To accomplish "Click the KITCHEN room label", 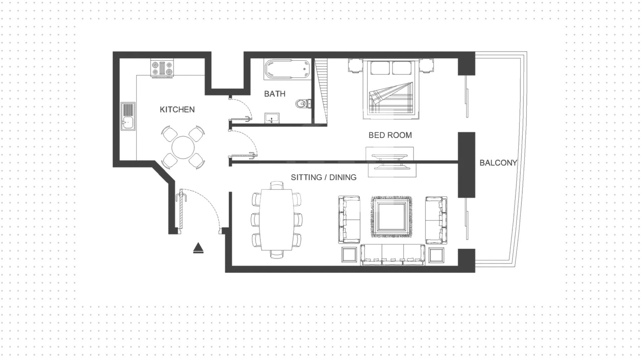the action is point(177,110).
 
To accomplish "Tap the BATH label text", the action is point(274,94).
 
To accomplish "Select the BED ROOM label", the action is point(390,135).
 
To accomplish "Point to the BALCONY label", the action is point(498,163).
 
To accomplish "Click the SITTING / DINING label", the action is point(324,177).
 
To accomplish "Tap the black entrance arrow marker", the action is point(198,248).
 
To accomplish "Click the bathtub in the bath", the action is point(287,69).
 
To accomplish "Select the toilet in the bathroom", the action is point(303,104).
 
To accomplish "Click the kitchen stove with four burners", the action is point(162,68).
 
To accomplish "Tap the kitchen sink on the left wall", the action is point(128,116).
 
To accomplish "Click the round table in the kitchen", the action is point(183,148).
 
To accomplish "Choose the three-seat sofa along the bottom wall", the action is point(393,255).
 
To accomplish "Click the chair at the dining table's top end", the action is point(277,185).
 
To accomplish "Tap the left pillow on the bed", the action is point(380,68).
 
